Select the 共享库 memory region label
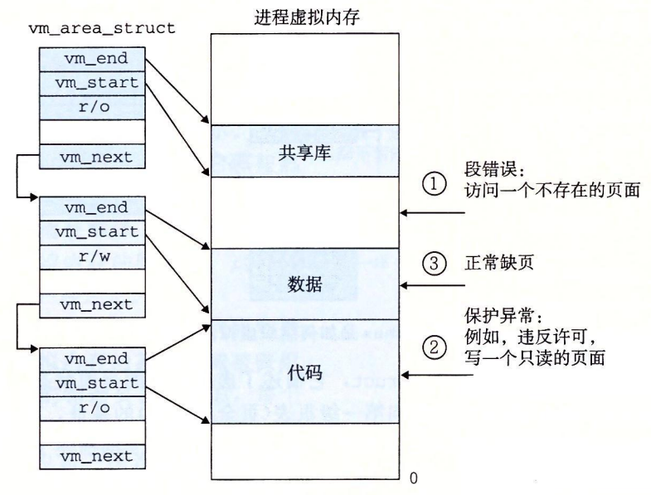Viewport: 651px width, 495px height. pyautogui.click(x=305, y=154)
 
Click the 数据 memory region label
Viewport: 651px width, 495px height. pyautogui.click(x=305, y=284)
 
